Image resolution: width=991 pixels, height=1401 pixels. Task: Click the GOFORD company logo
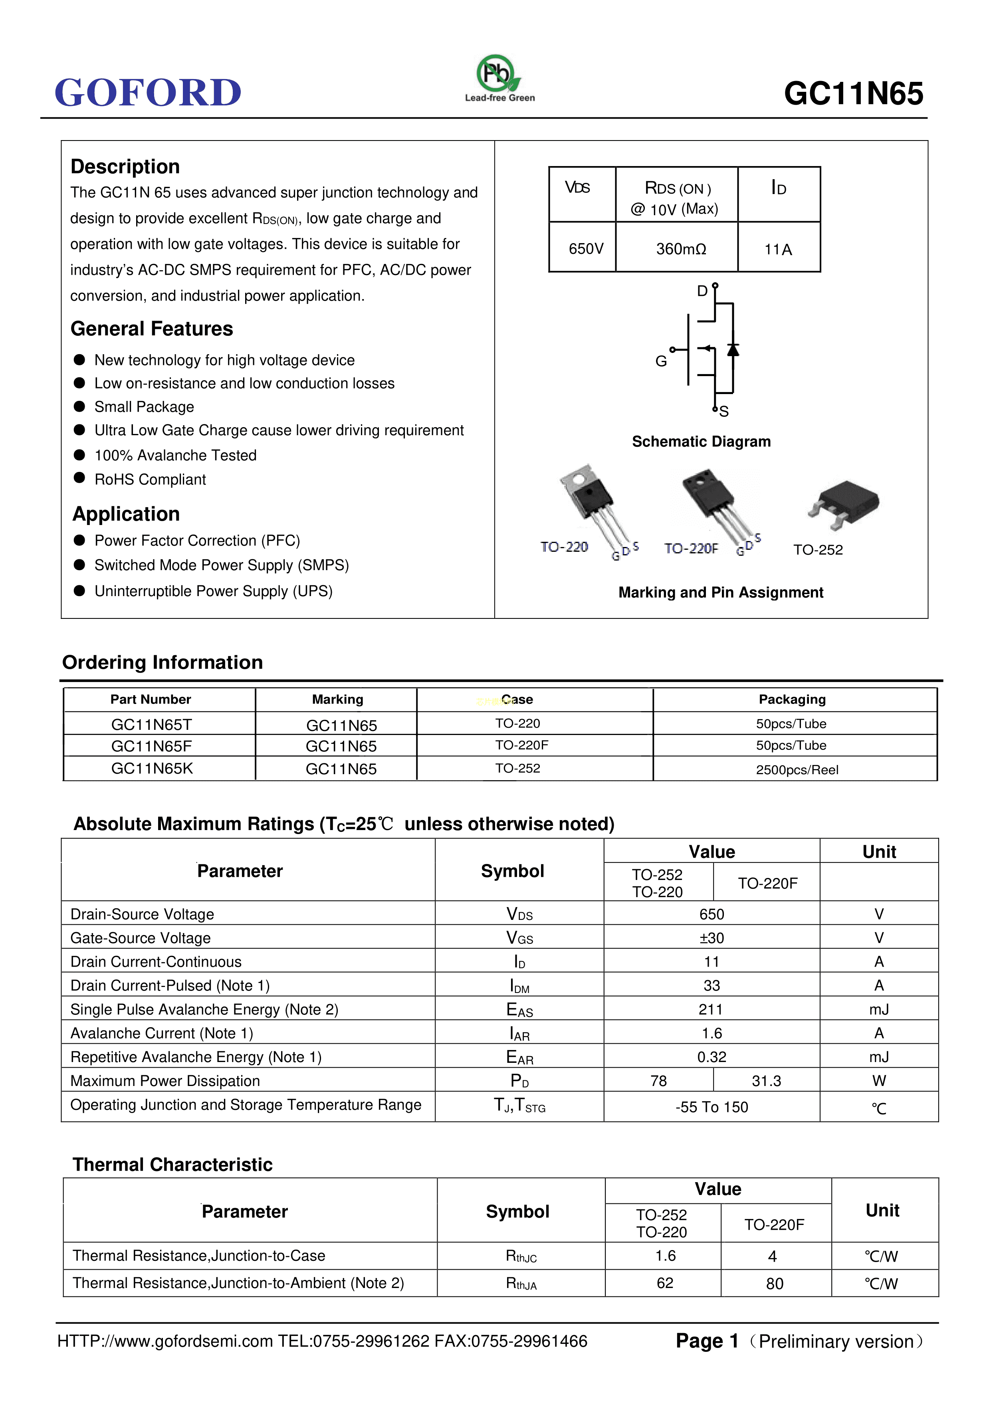pos(148,92)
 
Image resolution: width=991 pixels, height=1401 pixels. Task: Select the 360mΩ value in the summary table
pos(681,249)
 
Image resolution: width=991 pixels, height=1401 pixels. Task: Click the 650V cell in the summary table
pos(586,249)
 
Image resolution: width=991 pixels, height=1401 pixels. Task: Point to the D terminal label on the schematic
pos(702,291)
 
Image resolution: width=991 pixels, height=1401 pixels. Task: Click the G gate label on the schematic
pos(661,361)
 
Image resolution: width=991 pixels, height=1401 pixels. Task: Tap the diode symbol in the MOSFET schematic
pos(733,350)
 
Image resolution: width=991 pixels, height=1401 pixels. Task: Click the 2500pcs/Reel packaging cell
pos(797,769)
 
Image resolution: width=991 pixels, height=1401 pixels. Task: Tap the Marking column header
pos(337,699)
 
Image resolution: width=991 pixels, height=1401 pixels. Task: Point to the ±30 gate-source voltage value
pos(712,938)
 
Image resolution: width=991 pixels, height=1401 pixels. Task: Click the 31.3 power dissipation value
pos(767,1081)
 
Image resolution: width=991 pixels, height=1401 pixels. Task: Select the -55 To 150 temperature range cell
pos(712,1107)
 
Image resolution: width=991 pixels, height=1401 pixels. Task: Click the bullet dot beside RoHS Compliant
pos(79,478)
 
